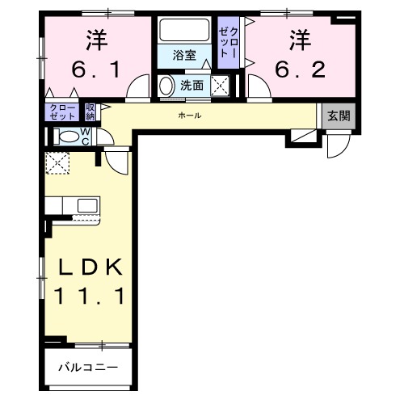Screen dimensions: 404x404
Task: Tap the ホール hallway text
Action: [190, 116]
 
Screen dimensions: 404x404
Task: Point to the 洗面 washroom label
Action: [191, 84]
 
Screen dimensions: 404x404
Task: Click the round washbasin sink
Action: [166, 85]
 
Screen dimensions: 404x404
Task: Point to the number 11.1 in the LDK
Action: [89, 297]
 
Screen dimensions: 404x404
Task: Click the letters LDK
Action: [89, 266]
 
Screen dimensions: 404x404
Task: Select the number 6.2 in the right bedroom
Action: [300, 69]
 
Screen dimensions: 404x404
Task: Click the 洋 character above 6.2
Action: [300, 38]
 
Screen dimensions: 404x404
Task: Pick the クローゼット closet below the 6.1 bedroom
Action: [63, 111]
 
